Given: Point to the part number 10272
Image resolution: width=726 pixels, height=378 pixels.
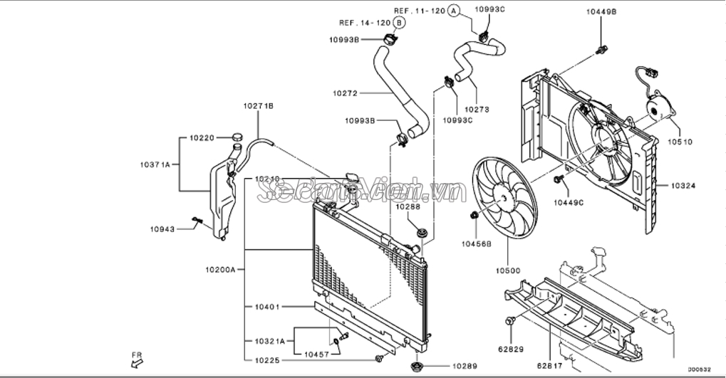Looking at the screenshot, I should [x=346, y=93].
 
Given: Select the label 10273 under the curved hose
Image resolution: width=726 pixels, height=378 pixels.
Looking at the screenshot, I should [x=477, y=110].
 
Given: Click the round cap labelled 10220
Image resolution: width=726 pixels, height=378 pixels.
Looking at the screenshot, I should [x=237, y=137].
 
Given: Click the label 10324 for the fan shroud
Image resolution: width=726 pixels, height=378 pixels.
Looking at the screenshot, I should [x=683, y=186].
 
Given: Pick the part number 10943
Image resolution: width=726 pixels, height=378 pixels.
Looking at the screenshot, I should [x=162, y=229].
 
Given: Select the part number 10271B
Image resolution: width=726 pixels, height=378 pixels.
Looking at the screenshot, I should [x=258, y=106].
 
